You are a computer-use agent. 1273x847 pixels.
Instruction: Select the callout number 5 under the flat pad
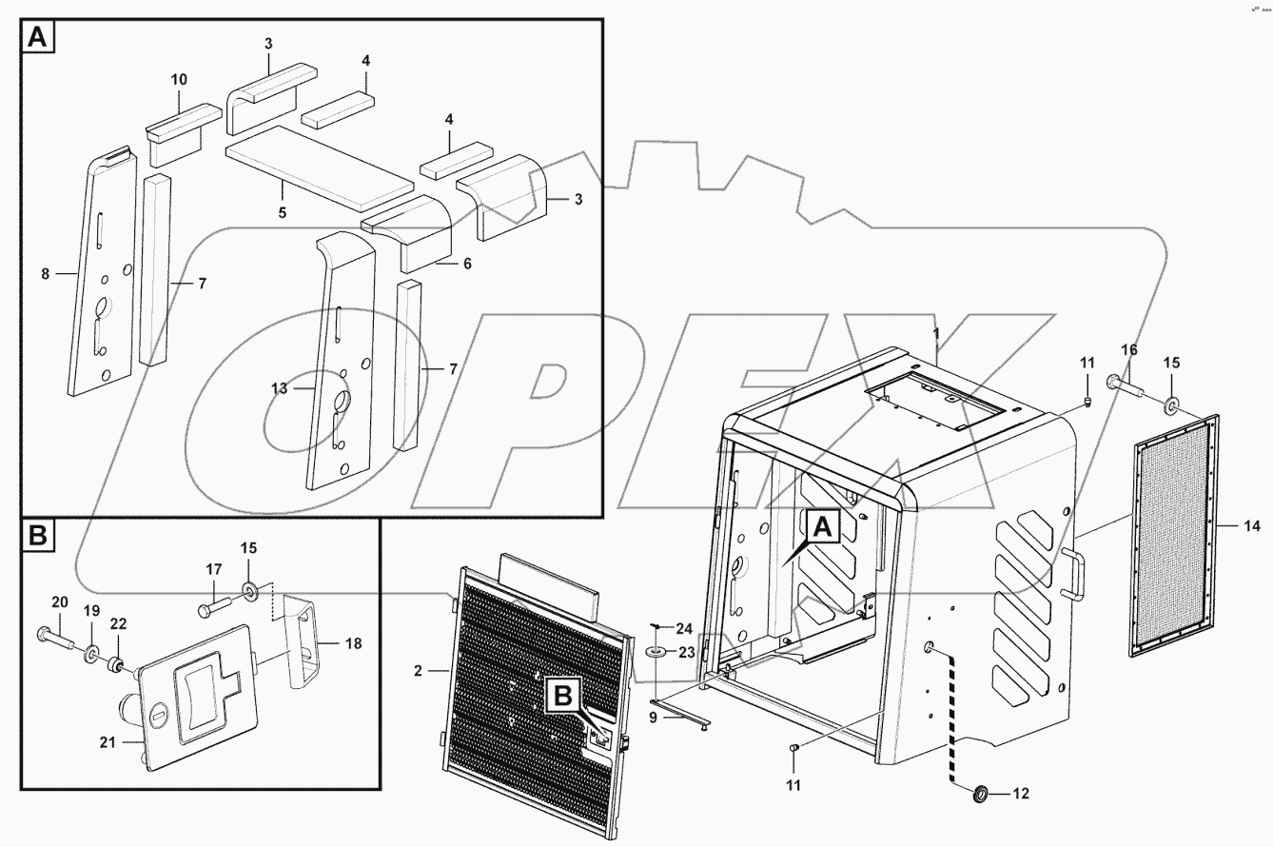[282, 212]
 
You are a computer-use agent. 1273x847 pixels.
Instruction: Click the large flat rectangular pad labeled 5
[319, 167]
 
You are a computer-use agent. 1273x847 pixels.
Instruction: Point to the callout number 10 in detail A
[180, 79]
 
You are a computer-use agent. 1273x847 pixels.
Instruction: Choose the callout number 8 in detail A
[46, 274]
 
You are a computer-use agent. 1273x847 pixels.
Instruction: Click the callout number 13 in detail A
[279, 387]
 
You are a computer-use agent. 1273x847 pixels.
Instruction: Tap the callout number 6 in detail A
[466, 264]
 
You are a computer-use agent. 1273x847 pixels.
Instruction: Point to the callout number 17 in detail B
[214, 569]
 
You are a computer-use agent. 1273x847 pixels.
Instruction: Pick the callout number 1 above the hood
[936, 335]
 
